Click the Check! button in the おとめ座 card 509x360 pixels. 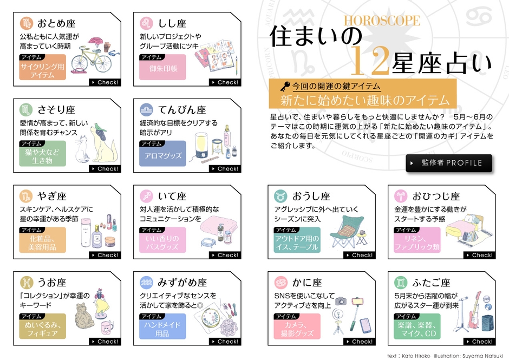pyautogui.click(x=105, y=82)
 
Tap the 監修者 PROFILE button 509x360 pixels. pyautogui.click(x=448, y=163)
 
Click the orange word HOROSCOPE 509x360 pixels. pyautogui.click(x=382, y=21)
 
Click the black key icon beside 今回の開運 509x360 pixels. pyautogui.click(x=284, y=86)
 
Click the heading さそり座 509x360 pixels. pyautogui.click(x=56, y=110)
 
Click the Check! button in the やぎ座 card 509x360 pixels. pyautogui.click(x=105, y=255)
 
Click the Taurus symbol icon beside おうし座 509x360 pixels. pyautogui.click(x=280, y=196)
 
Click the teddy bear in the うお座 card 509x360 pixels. pyautogui.click(x=81, y=316)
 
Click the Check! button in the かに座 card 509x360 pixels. pyautogui.click(x=359, y=342)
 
